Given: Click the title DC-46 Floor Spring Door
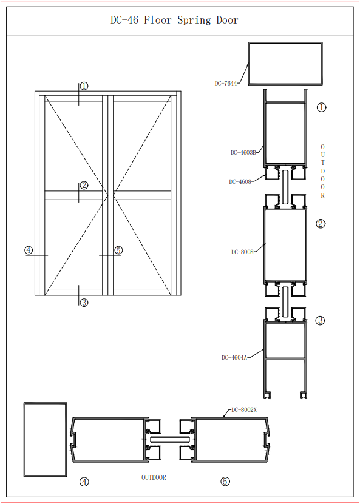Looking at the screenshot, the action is click(x=174, y=20).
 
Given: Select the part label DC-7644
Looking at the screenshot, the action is click(x=226, y=84).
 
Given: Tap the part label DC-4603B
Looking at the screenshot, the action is click(x=243, y=153).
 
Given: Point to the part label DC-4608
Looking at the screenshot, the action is click(x=240, y=181).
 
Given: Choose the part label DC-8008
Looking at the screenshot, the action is click(x=242, y=252).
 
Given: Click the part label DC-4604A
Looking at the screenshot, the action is click(x=234, y=357).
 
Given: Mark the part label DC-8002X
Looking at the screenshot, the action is click(x=244, y=410).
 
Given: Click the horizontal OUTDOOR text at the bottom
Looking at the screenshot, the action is click(x=154, y=478).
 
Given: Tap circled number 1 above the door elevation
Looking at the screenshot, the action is click(x=84, y=86).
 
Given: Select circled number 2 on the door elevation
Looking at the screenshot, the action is click(x=84, y=185).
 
